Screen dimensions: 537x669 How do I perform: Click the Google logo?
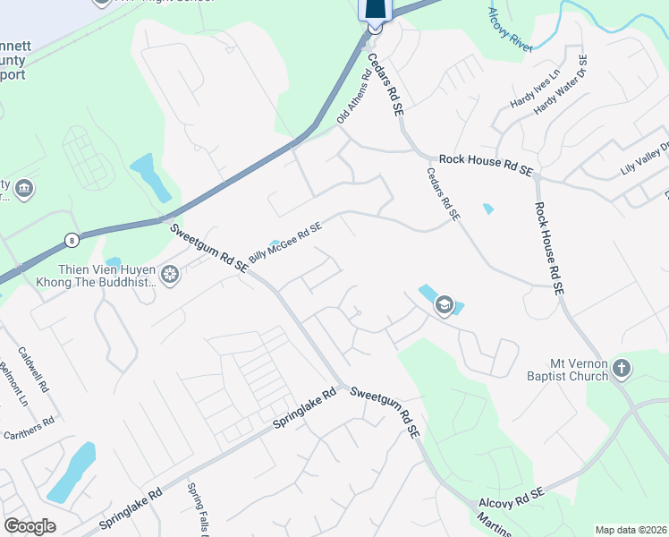tap(30, 526)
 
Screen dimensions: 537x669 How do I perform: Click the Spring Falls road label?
tap(197, 510)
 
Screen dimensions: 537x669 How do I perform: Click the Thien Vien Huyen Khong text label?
tap(93, 275)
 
